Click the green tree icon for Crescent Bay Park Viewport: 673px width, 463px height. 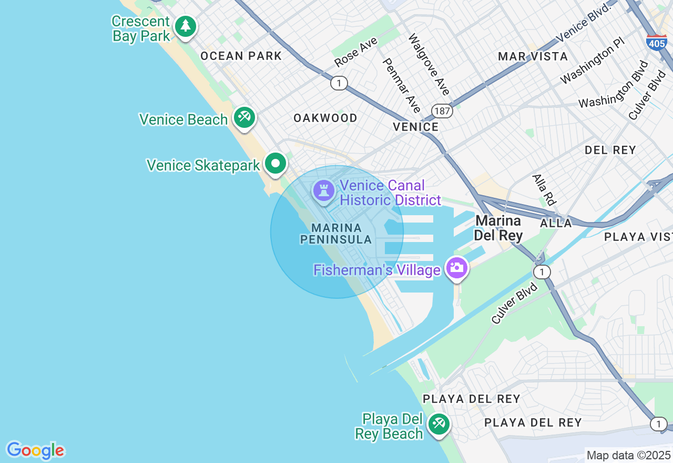185,26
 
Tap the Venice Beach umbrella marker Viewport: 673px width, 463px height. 244,117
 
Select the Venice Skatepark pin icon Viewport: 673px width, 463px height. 275,163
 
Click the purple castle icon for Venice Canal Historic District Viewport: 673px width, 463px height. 323,190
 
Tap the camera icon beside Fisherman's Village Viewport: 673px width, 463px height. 456,268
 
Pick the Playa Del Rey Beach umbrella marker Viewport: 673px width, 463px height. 438,424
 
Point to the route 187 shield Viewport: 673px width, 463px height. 442,110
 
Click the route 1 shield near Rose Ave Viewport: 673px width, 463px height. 339,83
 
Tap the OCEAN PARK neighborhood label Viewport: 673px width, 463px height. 241,56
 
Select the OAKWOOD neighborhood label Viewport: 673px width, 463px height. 325,118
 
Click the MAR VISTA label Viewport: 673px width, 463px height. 533,56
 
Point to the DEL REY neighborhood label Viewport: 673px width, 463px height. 610,150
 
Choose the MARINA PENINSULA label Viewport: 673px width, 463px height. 336,234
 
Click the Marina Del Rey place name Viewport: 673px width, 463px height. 498,228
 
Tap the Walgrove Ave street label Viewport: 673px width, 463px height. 429,65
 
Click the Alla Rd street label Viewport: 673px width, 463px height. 544,189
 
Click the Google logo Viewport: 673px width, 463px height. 35,450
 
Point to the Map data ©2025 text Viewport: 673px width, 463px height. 628,455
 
